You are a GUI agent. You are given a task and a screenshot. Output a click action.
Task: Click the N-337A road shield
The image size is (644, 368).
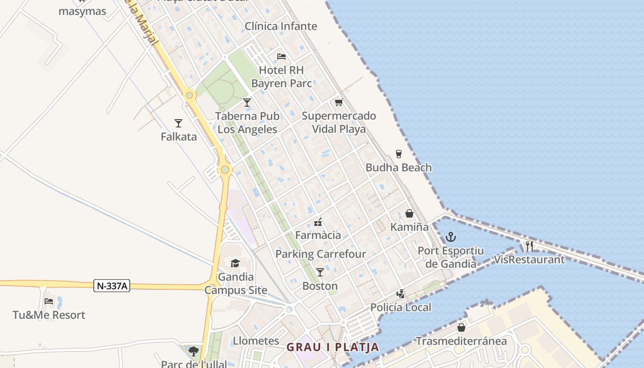[x=112, y=286]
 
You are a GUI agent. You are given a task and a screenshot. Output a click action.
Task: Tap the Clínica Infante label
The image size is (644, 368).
[x=281, y=26]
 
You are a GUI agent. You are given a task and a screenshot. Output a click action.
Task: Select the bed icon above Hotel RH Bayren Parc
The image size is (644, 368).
[x=282, y=57]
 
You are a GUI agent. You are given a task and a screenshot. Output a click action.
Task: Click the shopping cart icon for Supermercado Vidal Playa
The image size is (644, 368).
[x=339, y=102]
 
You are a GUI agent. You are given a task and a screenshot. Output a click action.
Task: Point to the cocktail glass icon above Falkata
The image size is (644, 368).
[x=178, y=123]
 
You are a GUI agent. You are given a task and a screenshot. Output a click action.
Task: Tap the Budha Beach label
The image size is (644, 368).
[x=398, y=167]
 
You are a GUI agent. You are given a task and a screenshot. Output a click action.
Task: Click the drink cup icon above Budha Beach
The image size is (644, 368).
[x=399, y=154]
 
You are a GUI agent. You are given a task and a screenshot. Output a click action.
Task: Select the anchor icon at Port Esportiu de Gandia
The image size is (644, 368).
[x=451, y=237]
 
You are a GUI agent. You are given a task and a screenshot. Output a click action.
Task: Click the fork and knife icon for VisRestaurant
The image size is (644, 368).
[x=529, y=246]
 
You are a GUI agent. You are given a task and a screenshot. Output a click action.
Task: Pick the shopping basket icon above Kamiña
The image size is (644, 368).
[x=409, y=213]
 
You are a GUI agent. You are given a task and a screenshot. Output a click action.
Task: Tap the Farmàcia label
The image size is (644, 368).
[x=318, y=236]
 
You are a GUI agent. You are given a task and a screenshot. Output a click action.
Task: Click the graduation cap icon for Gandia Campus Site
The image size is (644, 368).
[x=236, y=263]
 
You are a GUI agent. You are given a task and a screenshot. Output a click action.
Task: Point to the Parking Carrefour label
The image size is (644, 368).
[x=321, y=254]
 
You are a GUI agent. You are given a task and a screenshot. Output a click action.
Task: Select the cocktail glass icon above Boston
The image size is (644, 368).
[x=320, y=272]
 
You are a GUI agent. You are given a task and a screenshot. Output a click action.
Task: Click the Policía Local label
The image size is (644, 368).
[x=401, y=307]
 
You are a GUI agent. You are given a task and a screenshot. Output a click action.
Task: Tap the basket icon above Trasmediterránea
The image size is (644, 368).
[x=461, y=328]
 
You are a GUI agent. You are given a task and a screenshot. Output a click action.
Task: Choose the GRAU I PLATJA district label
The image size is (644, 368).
[x=333, y=347]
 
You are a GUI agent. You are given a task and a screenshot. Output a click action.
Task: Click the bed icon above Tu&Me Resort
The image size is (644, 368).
[x=49, y=301]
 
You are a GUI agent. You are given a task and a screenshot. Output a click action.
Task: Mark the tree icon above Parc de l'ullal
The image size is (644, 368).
[x=194, y=351]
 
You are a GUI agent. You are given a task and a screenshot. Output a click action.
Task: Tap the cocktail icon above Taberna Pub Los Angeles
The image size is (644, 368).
[x=247, y=102]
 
